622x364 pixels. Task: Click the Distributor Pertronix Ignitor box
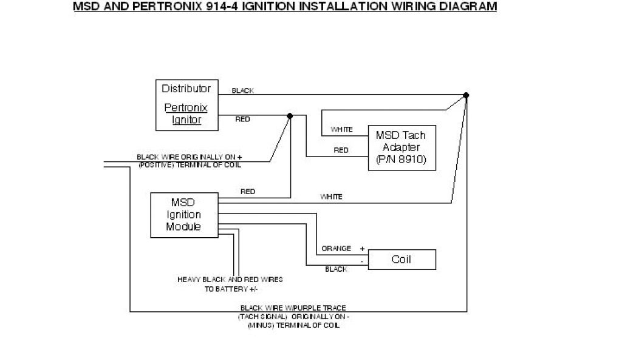pyautogui.click(x=186, y=104)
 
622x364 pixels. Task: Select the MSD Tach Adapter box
pyautogui.click(x=402, y=148)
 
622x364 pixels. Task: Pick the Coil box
pyautogui.click(x=402, y=260)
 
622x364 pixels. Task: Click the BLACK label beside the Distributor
pyautogui.click(x=243, y=91)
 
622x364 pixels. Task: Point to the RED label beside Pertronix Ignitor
pyautogui.click(x=242, y=120)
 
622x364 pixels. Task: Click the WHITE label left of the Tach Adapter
pyautogui.click(x=341, y=130)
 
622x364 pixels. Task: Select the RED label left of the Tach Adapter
pyautogui.click(x=341, y=150)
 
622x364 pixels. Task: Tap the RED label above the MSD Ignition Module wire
pyautogui.click(x=248, y=192)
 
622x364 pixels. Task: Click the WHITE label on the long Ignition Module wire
pyautogui.click(x=331, y=197)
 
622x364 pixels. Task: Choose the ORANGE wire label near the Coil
pyautogui.click(x=337, y=249)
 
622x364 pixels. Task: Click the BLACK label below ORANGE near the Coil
pyautogui.click(x=337, y=269)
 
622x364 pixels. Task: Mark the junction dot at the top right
pyautogui.click(x=466, y=95)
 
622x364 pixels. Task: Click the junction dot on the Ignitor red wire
pyautogui.click(x=290, y=115)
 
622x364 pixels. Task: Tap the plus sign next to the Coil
pyautogui.click(x=363, y=249)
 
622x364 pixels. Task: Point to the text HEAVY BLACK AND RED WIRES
pyautogui.click(x=230, y=280)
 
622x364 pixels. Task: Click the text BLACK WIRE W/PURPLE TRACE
pyautogui.click(x=293, y=308)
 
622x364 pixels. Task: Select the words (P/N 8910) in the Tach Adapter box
pyautogui.click(x=402, y=160)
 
